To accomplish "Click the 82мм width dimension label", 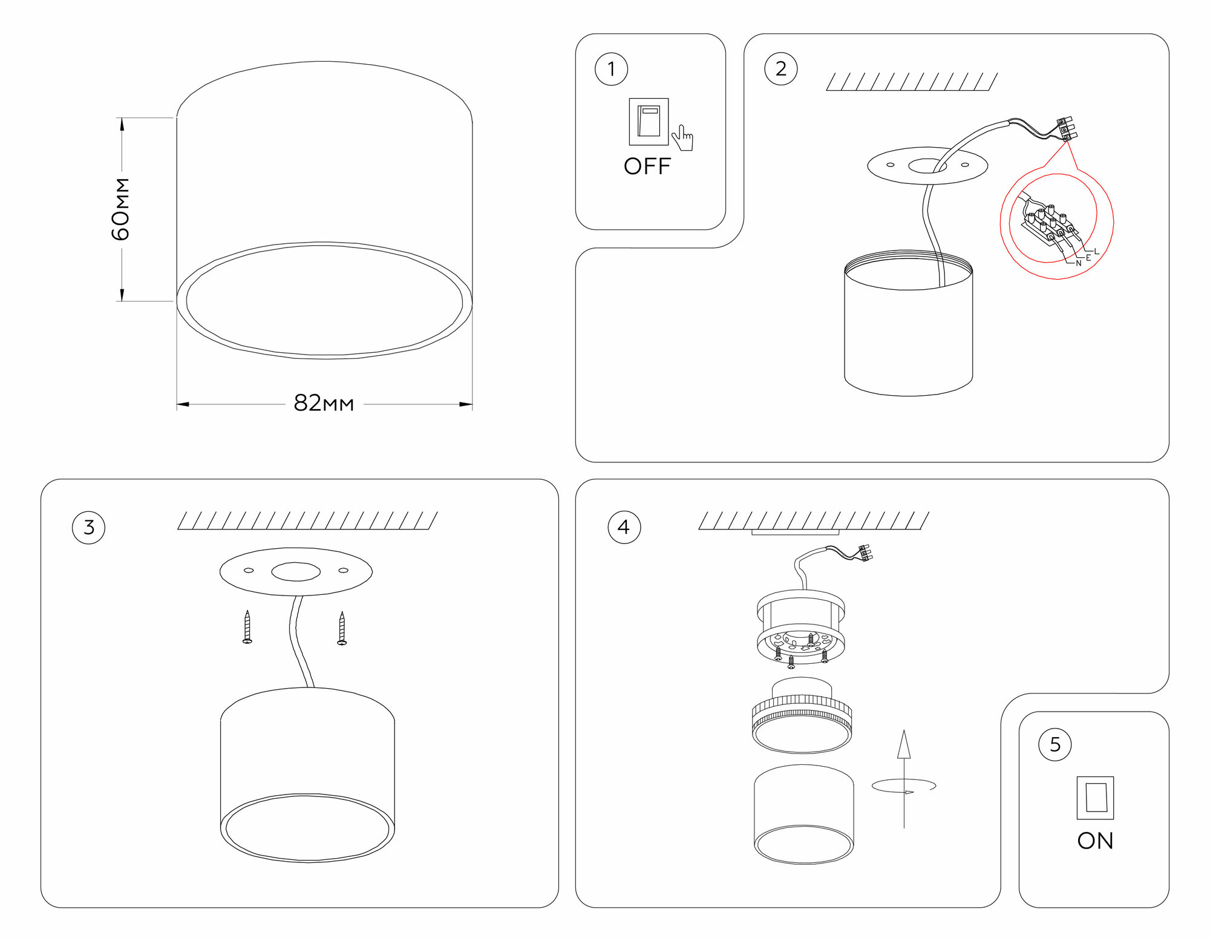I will (324, 403).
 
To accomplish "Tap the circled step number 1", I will (611, 69).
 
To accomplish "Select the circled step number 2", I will (780, 69).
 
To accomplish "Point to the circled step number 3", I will (88, 527).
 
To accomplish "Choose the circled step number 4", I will (624, 527).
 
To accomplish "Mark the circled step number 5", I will (1055, 744).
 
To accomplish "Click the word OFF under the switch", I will (647, 166).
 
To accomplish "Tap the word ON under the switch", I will (1095, 841).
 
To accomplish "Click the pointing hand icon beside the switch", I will (683, 138).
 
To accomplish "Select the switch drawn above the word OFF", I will (649, 122).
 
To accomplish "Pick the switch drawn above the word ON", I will (1095, 798).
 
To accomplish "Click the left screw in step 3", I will (247, 627).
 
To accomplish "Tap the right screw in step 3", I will (342, 628).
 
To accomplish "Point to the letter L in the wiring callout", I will (1096, 251).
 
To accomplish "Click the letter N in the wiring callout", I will (1078, 263).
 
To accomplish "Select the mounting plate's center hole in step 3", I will (295, 571).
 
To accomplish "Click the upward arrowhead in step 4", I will (904, 744).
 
